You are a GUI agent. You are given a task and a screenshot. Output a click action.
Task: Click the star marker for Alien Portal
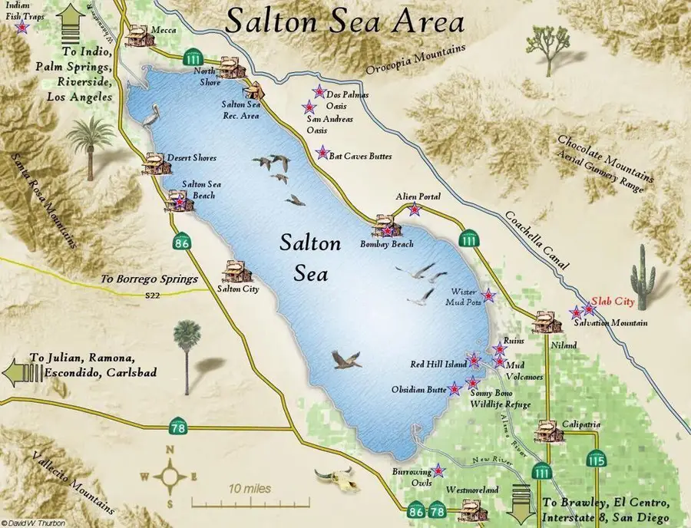(x=415, y=210)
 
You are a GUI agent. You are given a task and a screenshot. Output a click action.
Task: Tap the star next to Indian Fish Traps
(x=23, y=28)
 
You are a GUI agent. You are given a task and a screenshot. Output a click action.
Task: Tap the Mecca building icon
(x=139, y=35)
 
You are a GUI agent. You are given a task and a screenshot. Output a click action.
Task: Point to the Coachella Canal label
(x=537, y=241)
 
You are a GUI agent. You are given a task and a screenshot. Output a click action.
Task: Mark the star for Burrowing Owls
(x=438, y=470)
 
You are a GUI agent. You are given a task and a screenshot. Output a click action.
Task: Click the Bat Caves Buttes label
(x=360, y=156)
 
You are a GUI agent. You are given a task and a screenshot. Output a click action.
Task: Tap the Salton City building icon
(x=234, y=271)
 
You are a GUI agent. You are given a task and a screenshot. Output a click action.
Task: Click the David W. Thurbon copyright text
(x=29, y=522)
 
